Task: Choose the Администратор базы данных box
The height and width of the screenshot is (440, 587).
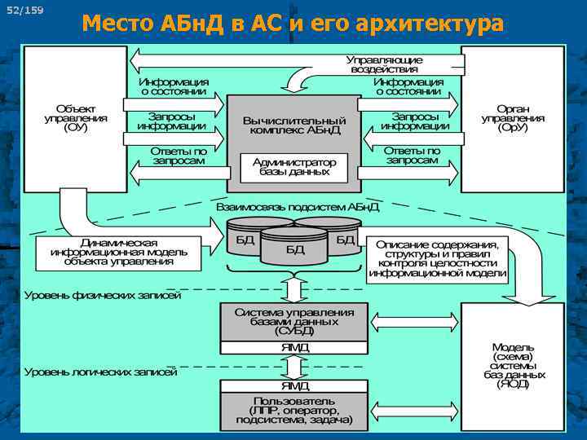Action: (294, 167)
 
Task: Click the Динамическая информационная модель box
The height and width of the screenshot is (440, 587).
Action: (119, 253)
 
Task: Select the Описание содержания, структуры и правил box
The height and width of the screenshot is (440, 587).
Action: (437, 260)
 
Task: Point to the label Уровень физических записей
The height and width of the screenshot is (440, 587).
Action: (102, 295)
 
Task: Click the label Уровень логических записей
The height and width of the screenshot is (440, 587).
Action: (100, 372)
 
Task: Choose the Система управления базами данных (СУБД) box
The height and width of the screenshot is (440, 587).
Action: (294, 322)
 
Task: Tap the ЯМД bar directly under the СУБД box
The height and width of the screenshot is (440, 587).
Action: (294, 348)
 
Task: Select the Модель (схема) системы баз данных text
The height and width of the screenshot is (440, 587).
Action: (513, 364)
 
